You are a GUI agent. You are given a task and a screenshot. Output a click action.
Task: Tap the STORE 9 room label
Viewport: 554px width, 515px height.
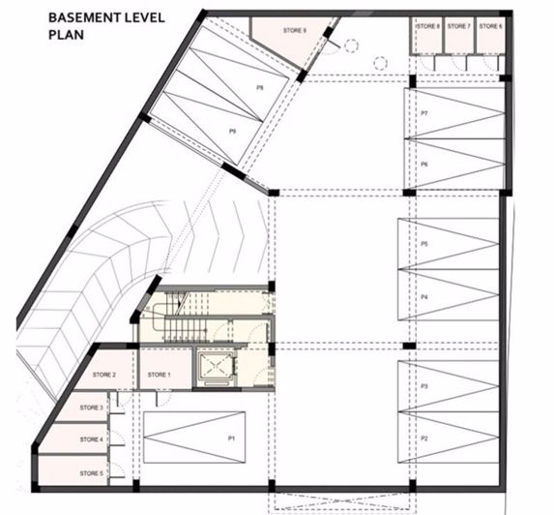coord(295,30)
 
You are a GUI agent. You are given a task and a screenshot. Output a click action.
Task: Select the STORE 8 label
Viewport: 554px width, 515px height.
coord(428,26)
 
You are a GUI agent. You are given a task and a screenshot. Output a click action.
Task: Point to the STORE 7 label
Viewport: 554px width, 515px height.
coord(460,26)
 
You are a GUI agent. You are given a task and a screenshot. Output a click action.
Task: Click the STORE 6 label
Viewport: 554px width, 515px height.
coord(491,26)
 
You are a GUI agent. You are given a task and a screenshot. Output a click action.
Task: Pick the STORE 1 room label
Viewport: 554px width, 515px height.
coord(159,375)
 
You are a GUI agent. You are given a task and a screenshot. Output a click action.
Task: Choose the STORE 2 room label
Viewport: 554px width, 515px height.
coord(104,375)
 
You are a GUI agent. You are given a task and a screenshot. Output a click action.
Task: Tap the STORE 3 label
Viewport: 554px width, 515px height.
coord(92,408)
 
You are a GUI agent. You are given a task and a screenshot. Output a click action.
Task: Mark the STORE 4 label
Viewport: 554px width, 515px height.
coord(92,439)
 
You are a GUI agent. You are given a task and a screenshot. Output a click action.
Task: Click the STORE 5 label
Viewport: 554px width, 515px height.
coord(92,472)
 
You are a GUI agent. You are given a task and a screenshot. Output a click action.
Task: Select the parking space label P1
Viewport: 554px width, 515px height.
coord(232,439)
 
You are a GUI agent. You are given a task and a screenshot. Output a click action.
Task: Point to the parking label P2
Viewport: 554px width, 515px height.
coord(424,439)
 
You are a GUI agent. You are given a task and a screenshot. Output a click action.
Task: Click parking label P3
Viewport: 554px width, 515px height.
coord(424,386)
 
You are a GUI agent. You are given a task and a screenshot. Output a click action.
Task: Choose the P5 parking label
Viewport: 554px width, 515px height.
coord(424,244)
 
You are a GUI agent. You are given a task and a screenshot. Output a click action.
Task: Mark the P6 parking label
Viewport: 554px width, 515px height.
coord(424,165)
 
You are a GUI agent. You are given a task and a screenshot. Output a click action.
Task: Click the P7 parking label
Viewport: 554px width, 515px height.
coord(424,114)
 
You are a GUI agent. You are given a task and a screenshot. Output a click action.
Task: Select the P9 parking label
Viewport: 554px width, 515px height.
coord(233,130)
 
